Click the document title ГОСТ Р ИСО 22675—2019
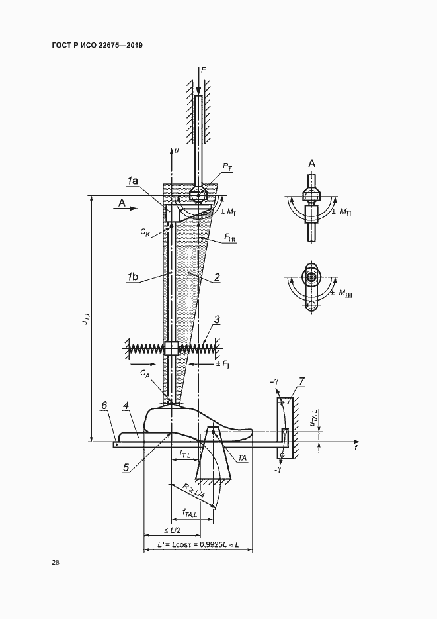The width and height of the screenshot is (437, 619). coord(97,46)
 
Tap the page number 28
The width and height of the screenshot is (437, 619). coord(55,563)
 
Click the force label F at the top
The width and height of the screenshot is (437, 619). coord(204,70)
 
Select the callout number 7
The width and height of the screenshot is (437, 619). coord(301,382)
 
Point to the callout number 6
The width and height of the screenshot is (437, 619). coord(104,405)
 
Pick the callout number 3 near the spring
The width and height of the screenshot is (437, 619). coord(217,319)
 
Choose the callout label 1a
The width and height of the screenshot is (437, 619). coord(132,181)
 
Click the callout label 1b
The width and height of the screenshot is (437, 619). coord(132,277)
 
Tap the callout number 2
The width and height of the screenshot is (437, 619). coord(217,277)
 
